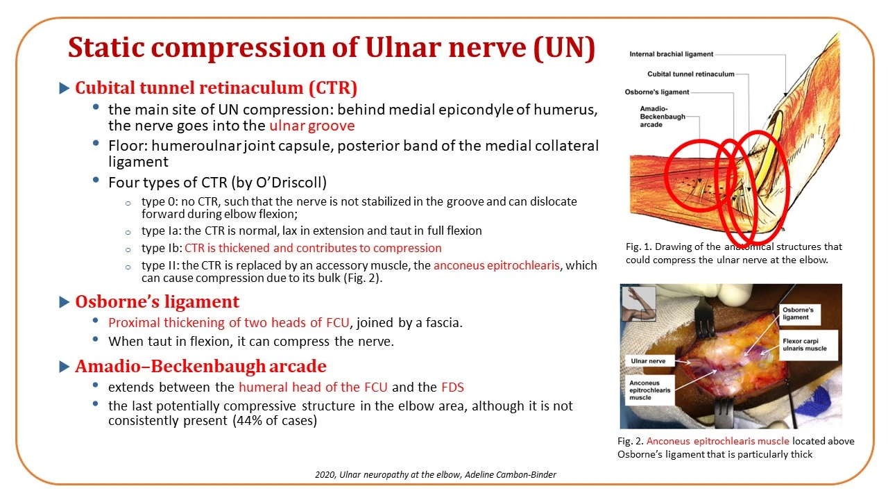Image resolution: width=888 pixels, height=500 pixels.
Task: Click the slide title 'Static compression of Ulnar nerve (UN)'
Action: [332, 49]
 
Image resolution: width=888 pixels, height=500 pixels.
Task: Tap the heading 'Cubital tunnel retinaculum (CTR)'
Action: [216, 87]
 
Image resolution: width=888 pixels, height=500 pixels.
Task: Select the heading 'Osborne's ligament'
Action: [157, 301]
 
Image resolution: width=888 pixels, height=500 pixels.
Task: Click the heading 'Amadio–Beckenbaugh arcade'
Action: [200, 366]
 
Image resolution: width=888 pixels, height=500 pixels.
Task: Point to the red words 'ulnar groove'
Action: [312, 126]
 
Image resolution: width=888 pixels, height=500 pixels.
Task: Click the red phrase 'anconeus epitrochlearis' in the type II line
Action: [496, 265]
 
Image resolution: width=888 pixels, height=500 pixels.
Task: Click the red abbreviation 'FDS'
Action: [452, 387]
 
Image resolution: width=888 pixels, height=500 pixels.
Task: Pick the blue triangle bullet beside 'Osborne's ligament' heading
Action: [65, 302]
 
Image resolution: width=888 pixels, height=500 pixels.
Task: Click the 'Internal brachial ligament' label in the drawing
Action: [671, 54]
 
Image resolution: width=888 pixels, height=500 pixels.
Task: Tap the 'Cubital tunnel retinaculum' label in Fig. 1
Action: [690, 74]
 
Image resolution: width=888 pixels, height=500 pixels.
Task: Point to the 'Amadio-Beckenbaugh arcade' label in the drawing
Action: [663, 117]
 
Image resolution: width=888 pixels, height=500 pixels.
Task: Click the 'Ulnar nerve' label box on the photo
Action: [648, 360]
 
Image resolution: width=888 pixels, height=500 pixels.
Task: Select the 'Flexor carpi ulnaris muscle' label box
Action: [808, 345]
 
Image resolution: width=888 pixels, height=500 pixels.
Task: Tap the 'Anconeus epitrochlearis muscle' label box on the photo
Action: [650, 390]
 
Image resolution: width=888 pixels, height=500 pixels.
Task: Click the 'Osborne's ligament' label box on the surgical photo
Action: [799, 314]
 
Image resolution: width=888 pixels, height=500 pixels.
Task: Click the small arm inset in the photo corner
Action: [638, 303]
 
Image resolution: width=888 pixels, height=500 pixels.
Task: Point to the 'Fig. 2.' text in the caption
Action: [631, 441]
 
